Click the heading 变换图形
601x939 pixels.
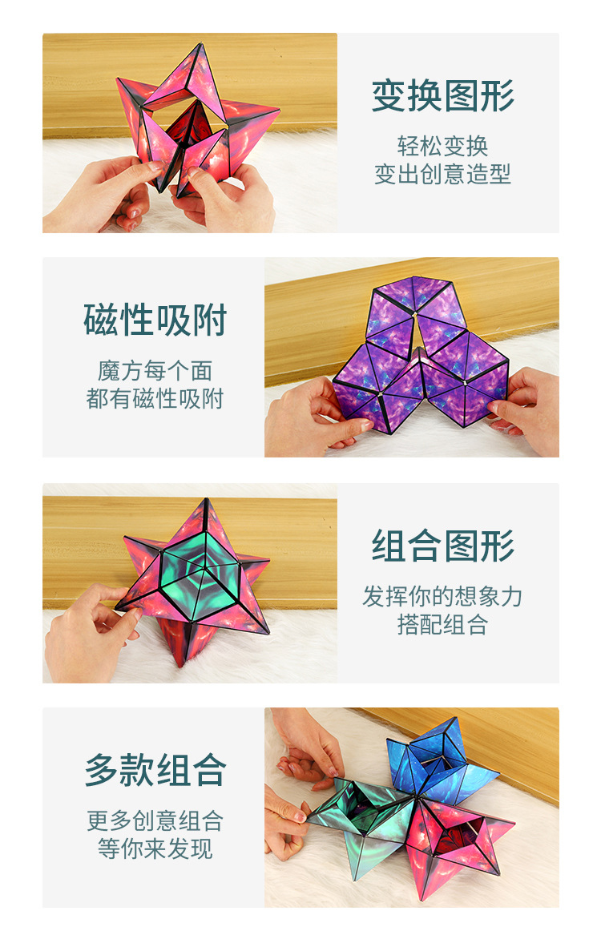coord(442,97)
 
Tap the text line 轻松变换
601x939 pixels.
coord(442,146)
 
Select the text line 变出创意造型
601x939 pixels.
coord(442,175)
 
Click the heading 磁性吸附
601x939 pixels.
coord(155,320)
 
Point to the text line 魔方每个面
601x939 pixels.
coord(155,370)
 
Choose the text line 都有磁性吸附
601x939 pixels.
coord(155,398)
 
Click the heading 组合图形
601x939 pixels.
coord(442,547)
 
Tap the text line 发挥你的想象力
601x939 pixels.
coord(442,596)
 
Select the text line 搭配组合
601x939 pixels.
coord(442,625)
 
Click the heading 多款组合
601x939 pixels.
coord(155,771)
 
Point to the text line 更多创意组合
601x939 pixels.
coord(155,820)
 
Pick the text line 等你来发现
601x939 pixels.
coord(155,848)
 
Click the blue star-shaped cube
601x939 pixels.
coord(439,757)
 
